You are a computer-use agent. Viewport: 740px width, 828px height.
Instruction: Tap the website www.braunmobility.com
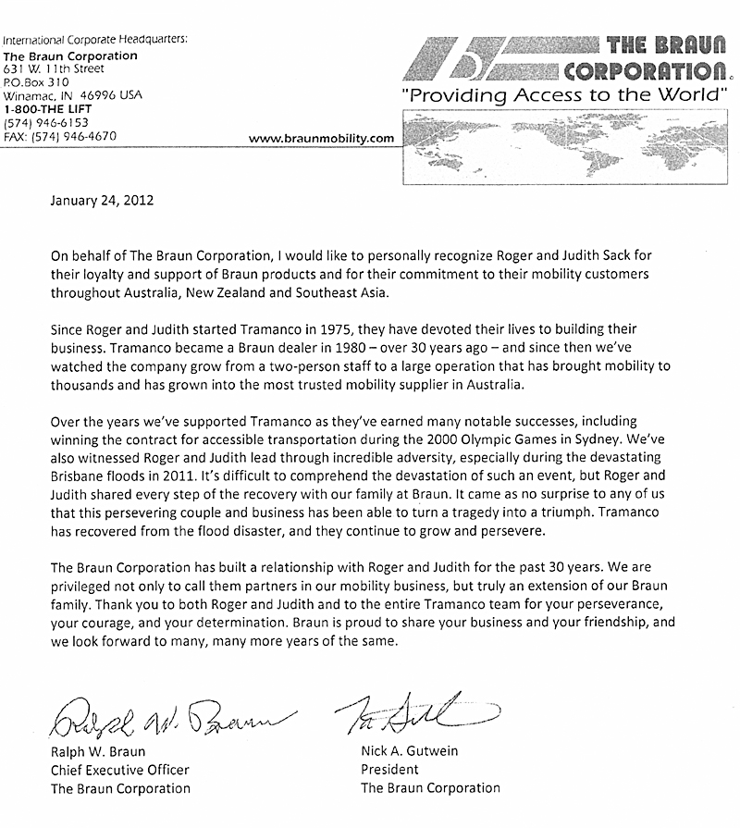(x=322, y=139)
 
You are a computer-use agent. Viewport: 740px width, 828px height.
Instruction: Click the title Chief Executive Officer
(x=120, y=770)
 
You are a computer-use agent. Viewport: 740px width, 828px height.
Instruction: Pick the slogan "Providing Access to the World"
(x=564, y=96)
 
